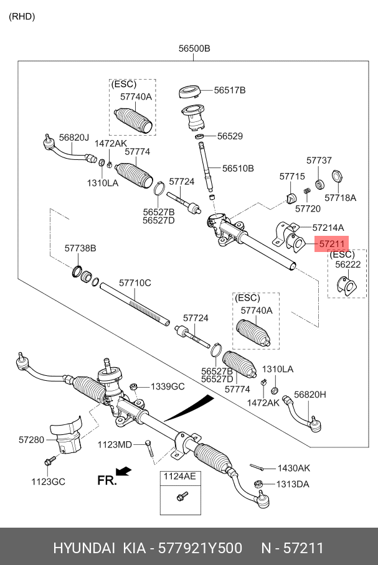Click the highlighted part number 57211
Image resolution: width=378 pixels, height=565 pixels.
pyautogui.click(x=332, y=244)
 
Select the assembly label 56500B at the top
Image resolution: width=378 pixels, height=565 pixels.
pyautogui.click(x=194, y=49)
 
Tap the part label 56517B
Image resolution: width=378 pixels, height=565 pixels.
pyautogui.click(x=230, y=90)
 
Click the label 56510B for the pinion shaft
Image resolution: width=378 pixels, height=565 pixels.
pyautogui.click(x=238, y=168)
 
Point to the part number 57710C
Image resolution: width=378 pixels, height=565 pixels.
pyautogui.click(x=135, y=283)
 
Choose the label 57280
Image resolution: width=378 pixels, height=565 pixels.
pyautogui.click(x=31, y=439)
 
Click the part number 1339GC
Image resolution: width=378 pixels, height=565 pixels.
pyautogui.click(x=168, y=386)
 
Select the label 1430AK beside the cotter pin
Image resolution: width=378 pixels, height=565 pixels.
pyautogui.click(x=293, y=468)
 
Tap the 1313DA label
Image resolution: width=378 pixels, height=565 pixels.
pyautogui.click(x=293, y=484)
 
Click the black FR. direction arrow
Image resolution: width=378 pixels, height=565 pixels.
pyautogui.click(x=124, y=471)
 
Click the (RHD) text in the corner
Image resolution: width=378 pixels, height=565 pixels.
pyautogui.click(x=22, y=17)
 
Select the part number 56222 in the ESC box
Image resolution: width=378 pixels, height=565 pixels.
pyautogui.click(x=347, y=264)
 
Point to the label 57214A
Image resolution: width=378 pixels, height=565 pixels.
pyautogui.click(x=328, y=228)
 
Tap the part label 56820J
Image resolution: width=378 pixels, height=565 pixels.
pyautogui.click(x=74, y=138)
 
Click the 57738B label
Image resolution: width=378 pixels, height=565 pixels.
pyautogui.click(x=80, y=248)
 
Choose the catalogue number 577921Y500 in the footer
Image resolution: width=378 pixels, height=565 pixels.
pyautogui.click(x=201, y=548)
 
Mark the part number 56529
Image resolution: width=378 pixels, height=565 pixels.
pyautogui.click(x=230, y=136)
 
